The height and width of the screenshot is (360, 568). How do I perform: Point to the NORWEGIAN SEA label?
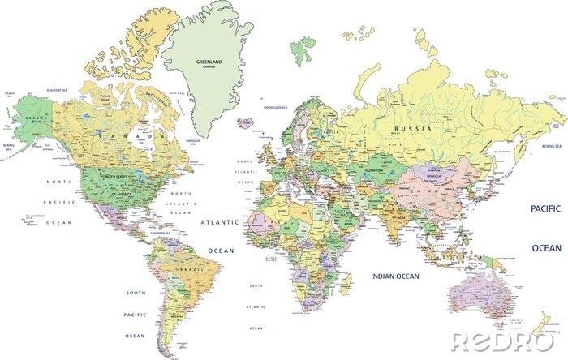tap(275, 107)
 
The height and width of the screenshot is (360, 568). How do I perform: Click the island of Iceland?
tap(247, 124)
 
